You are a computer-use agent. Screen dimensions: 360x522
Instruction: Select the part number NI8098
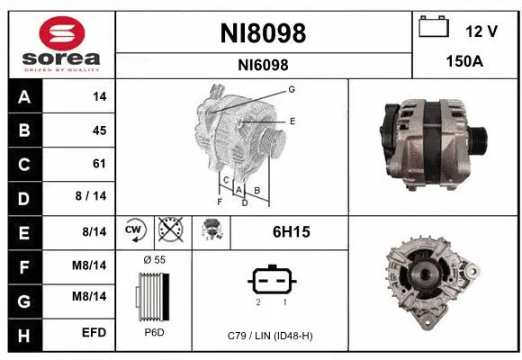point(263,33)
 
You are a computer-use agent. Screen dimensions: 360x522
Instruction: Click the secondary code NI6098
point(263,65)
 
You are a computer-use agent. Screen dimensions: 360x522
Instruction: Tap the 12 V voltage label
point(481,31)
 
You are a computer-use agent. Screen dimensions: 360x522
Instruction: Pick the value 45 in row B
point(99,130)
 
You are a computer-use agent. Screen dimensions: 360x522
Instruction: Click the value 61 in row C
point(99,164)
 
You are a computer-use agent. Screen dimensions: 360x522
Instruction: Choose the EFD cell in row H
point(94,333)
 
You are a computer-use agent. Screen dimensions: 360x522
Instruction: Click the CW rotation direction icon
point(134,231)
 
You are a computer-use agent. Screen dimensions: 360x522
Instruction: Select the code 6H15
point(291,232)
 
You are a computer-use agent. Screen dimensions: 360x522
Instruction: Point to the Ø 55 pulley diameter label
point(155,259)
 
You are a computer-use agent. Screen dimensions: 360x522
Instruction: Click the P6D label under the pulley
point(154,333)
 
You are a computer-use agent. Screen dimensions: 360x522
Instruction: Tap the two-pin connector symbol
point(269,280)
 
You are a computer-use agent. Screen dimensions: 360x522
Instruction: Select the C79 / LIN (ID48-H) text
point(270,336)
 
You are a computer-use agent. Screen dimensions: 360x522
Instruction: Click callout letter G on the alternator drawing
point(292,89)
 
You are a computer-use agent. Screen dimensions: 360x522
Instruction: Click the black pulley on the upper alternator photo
point(479,139)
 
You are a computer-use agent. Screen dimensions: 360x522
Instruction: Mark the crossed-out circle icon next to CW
point(171,231)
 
